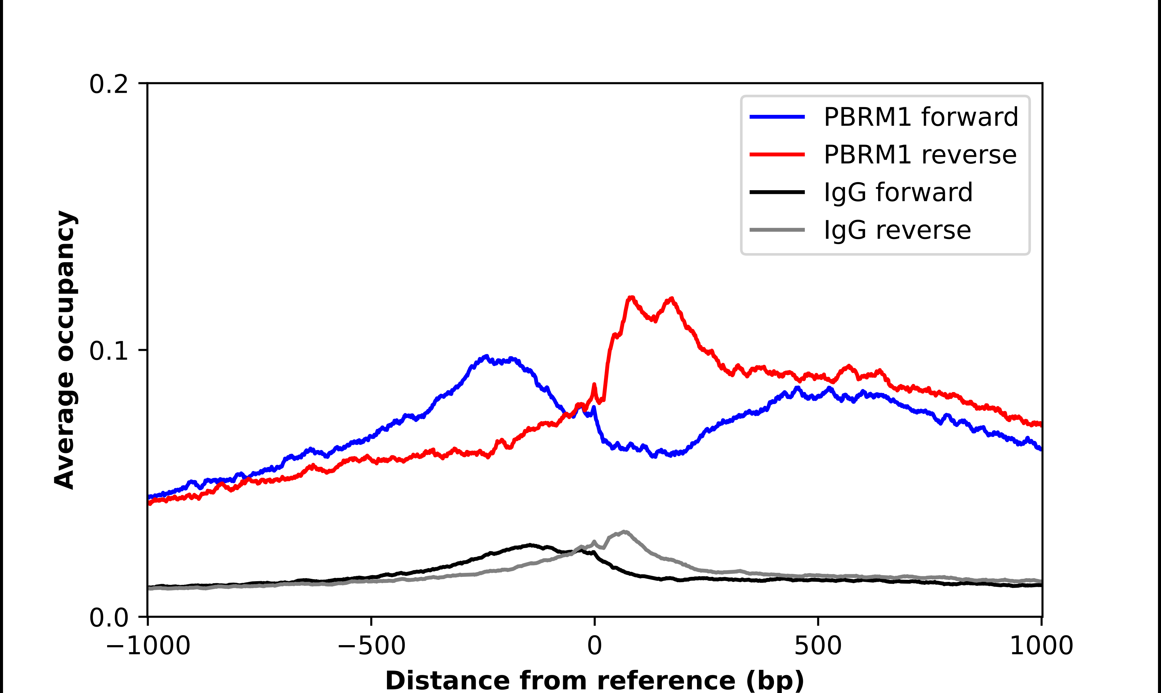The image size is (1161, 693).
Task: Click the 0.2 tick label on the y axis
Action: tap(108, 84)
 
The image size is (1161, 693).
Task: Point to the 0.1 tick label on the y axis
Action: tap(108, 351)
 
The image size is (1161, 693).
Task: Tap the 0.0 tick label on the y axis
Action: tap(108, 618)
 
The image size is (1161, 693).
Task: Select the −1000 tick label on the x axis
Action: tap(148, 646)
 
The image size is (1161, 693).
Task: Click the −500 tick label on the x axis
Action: tap(371, 646)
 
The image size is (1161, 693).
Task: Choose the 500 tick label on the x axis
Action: tap(818, 646)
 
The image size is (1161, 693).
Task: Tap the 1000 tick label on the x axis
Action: tap(1041, 646)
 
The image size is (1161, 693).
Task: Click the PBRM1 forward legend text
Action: tap(921, 117)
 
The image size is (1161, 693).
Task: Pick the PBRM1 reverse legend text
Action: tap(920, 155)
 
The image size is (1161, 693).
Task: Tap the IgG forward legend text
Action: tap(898, 192)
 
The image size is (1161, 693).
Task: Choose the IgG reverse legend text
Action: tap(897, 230)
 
